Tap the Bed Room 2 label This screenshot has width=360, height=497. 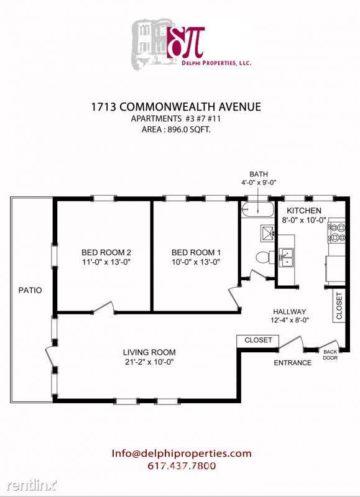click(x=106, y=252)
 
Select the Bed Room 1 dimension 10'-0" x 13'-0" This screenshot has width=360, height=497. click(x=196, y=262)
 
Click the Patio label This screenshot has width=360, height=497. click(x=30, y=290)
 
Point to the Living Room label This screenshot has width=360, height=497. click(x=149, y=351)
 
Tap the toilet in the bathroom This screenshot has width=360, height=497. click(x=262, y=256)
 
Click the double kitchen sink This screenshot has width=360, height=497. click(x=287, y=257)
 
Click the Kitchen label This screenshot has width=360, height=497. click(x=303, y=211)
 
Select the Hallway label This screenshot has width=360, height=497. click(x=290, y=311)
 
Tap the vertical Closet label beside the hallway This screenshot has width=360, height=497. click(x=339, y=306)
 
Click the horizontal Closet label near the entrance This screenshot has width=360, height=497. click(x=257, y=340)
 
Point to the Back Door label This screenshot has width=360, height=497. click(x=330, y=354)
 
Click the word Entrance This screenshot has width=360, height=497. click(x=293, y=363)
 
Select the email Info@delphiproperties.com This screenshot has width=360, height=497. click(x=182, y=453)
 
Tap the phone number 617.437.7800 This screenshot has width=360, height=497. click(x=182, y=465)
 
